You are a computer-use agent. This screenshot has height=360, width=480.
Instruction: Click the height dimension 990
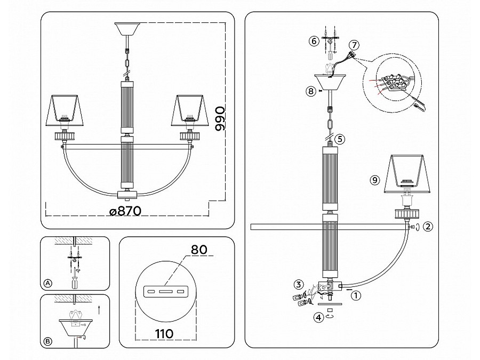coord(220,119)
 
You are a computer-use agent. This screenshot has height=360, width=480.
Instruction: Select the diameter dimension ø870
coord(125,211)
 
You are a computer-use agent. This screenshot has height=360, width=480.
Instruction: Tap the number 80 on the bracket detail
coord(199,250)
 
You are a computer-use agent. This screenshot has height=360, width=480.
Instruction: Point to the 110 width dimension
coord(164,333)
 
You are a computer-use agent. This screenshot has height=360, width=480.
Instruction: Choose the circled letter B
coord(48,341)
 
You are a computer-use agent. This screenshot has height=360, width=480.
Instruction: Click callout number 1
coord(356,295)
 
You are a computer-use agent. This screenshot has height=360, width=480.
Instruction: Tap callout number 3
coord(299,284)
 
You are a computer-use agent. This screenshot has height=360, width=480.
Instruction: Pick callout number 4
coord(319,317)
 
